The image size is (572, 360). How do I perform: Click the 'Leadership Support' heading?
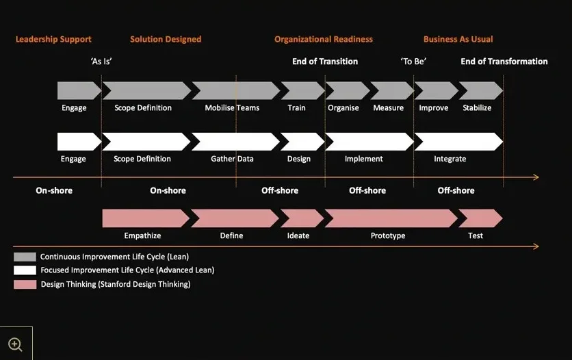point(53,39)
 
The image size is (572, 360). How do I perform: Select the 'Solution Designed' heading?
point(166,39)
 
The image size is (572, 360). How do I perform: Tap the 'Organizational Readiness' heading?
point(324,39)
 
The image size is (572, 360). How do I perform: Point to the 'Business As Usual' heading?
point(458,39)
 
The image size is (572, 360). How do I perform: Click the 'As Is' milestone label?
point(101,62)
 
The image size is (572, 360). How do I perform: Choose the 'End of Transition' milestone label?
point(325,62)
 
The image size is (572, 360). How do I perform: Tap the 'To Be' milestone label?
point(413,62)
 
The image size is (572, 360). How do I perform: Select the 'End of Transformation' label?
point(504,62)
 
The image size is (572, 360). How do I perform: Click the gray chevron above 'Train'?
point(303,90)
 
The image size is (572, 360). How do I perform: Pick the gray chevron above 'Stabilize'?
point(481,90)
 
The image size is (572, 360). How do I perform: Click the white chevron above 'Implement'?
point(369,142)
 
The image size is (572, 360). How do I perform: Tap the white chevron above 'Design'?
point(303,142)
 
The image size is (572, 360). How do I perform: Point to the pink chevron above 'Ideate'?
point(302,218)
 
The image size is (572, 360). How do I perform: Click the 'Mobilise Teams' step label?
point(232,107)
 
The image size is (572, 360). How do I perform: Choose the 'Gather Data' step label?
point(232,159)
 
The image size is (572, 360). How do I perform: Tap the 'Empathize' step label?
point(142,235)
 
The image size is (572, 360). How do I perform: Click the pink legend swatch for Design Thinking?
point(25,285)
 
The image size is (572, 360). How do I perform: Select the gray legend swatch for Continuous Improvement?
point(25,257)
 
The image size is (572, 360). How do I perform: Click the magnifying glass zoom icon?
point(15,344)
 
